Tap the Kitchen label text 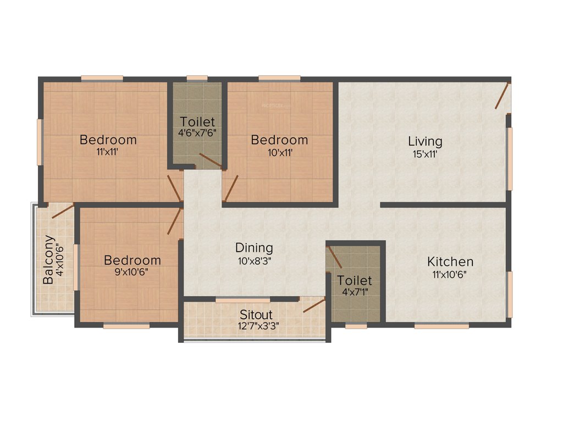(x=450, y=262)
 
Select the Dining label (x=254, y=248)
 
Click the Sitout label (x=256, y=315)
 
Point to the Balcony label (x=48, y=259)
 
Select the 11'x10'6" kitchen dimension (x=450, y=274)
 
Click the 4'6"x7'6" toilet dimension (x=197, y=132)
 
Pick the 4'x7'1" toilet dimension (x=355, y=292)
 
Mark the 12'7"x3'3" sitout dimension (x=256, y=326)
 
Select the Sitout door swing (x=314, y=305)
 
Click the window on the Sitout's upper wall (x=242, y=300)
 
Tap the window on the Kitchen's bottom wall (x=441, y=326)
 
